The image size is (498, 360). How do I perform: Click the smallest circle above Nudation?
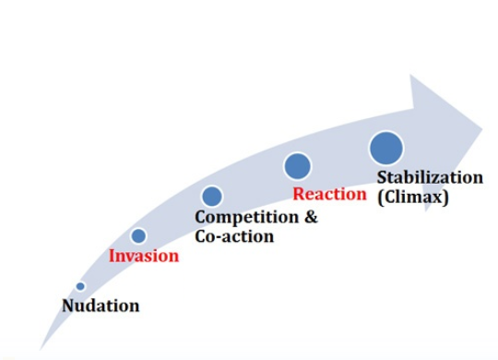click(x=80, y=286)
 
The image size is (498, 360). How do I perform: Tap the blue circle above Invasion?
click(x=138, y=235)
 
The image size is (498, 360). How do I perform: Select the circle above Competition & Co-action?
click(x=212, y=196)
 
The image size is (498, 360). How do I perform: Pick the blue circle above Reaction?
click(x=297, y=166)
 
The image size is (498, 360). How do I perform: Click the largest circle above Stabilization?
click(x=386, y=148)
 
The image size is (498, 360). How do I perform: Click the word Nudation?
click(x=101, y=306)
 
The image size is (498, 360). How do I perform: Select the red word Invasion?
click(x=144, y=256)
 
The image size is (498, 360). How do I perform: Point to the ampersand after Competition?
click(x=309, y=218)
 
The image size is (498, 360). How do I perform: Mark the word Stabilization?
click(x=430, y=177)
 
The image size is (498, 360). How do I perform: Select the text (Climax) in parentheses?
click(x=412, y=197)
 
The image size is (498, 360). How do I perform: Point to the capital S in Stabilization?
click(x=383, y=177)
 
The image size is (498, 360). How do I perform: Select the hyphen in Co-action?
click(x=217, y=237)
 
